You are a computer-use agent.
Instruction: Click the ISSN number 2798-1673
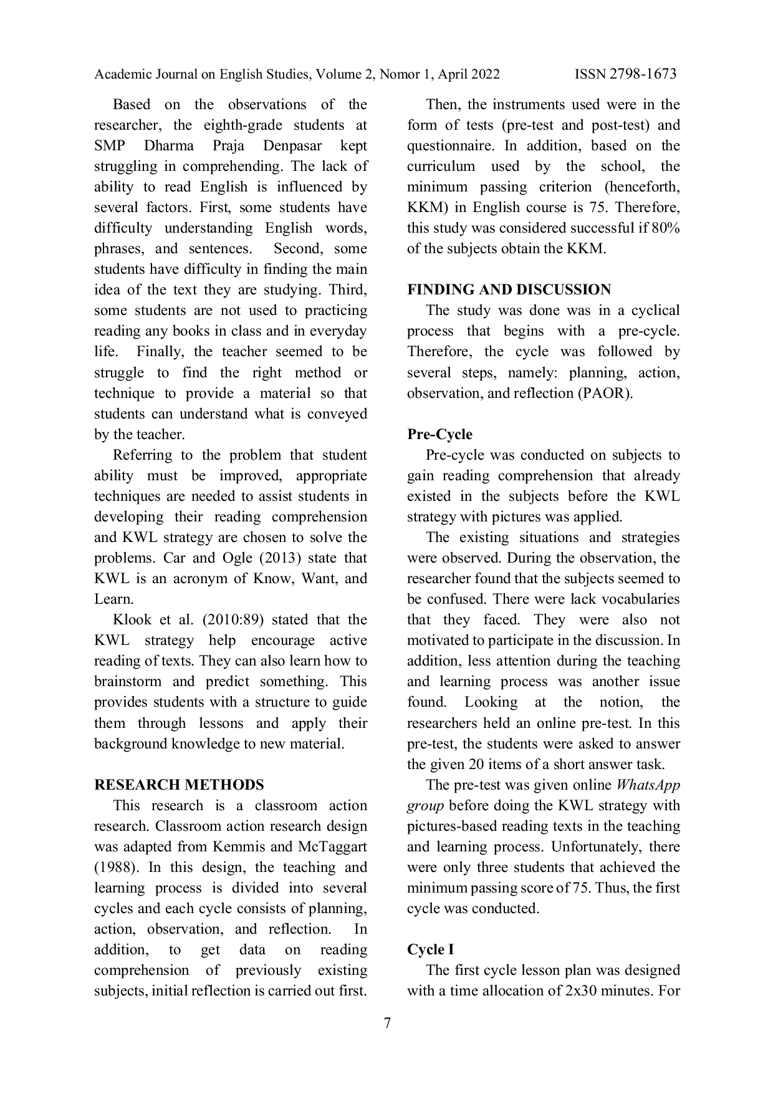[643, 74]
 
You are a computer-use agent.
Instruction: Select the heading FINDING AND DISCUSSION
[509, 289]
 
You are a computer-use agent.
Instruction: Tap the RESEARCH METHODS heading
[179, 785]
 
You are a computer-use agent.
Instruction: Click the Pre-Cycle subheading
[439, 434]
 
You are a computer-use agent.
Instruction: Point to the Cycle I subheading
[431, 949]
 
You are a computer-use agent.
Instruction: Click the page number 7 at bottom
[387, 1024]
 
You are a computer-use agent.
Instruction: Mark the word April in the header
[453, 74]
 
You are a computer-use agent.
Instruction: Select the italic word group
[425, 806]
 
